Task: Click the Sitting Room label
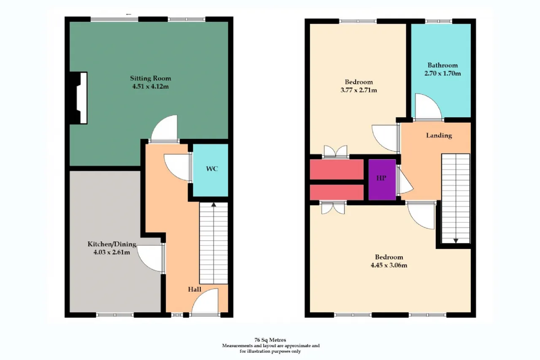tap(151, 78)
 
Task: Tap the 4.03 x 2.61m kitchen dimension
tap(112, 252)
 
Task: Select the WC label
tap(212, 168)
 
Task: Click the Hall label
tap(194, 289)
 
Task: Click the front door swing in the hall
tap(205, 301)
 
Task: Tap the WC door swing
tap(177, 167)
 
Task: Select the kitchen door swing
tap(149, 258)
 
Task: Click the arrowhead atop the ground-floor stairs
tap(213, 205)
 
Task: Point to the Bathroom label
tap(443, 65)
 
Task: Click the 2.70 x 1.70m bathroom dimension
tap(443, 73)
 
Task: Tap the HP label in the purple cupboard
tap(381, 178)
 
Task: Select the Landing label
tap(439, 135)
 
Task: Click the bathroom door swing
tap(429, 106)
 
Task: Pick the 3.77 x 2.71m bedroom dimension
tap(359, 90)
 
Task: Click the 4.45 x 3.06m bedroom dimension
tap(389, 265)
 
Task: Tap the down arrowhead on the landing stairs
tap(456, 241)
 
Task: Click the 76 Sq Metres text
tap(270, 340)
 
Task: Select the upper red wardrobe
tap(337, 169)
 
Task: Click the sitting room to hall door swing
tap(165, 128)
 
